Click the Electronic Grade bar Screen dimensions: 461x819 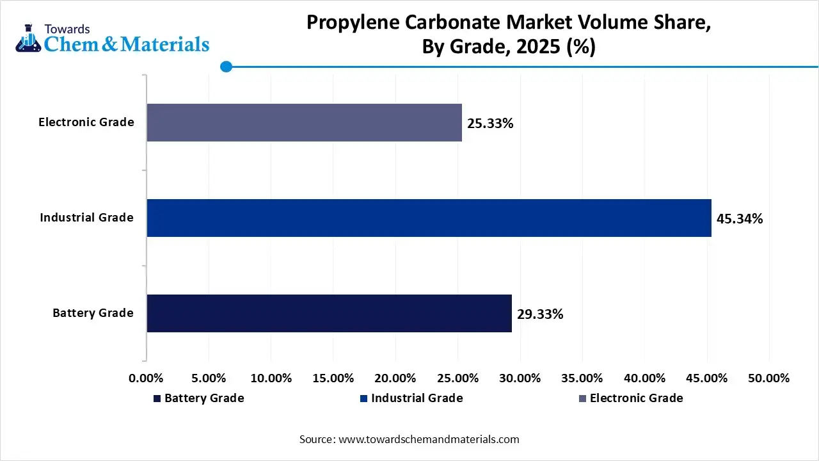point(304,122)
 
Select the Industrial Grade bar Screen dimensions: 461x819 point(429,218)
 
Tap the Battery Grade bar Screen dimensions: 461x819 point(329,313)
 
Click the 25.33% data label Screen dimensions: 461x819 point(490,124)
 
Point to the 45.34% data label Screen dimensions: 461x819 point(740,219)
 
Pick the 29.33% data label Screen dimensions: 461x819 point(540,314)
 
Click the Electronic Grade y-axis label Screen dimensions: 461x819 point(86,122)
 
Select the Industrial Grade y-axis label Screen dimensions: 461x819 point(86,218)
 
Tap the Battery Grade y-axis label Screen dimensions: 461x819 point(93,313)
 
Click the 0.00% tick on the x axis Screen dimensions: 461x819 point(147,378)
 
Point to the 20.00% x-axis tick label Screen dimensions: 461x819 point(395,378)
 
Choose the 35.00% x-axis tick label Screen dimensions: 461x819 point(582,378)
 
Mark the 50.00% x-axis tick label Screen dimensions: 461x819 point(768,378)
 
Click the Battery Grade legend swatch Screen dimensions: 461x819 point(157,399)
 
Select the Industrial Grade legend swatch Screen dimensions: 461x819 point(364,399)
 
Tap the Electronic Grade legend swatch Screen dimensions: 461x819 point(582,399)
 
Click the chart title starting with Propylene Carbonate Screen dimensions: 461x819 point(509,35)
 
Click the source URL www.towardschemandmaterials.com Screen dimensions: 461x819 point(429,439)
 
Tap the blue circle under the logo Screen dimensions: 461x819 point(226,67)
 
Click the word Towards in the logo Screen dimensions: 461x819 point(67,29)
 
